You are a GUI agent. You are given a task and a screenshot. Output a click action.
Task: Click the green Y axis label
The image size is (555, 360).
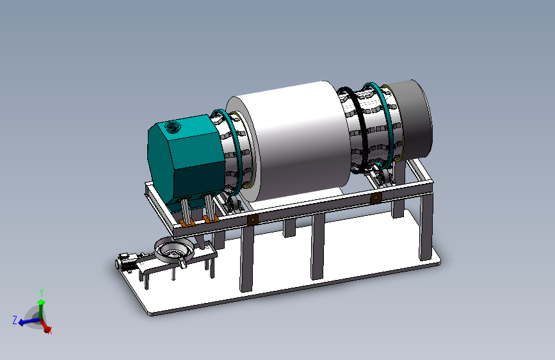(x=42, y=293)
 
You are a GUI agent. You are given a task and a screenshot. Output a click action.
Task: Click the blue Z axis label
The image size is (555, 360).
(x=15, y=320)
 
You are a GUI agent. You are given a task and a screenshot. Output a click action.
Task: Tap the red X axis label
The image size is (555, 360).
(x=50, y=331)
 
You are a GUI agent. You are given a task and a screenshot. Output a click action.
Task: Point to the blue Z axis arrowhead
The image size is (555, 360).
(x=21, y=322)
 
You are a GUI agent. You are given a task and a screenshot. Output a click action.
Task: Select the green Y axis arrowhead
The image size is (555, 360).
(x=41, y=302)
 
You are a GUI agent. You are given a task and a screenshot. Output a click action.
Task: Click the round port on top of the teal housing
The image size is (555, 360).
(x=173, y=126)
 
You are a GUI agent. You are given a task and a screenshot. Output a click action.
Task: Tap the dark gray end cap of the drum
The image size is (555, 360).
(x=412, y=120)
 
